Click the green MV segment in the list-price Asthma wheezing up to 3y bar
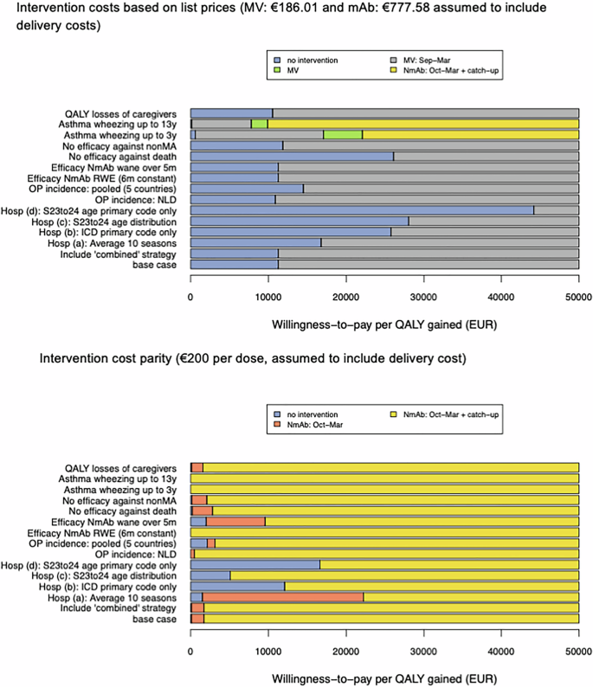tap(343, 135)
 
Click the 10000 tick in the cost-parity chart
tap(267, 661)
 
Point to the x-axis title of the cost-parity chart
tap(384, 679)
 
